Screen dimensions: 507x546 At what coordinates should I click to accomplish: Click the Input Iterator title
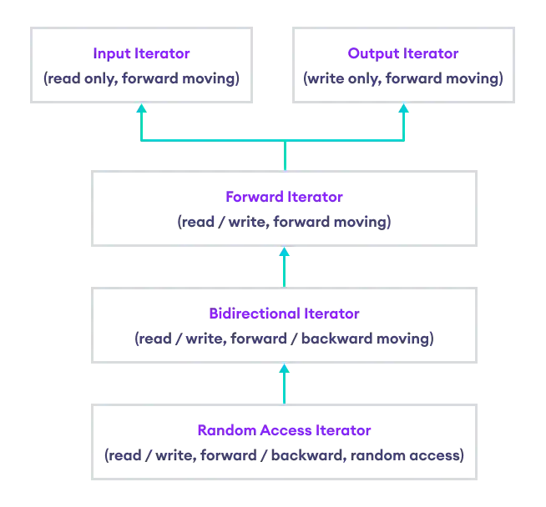(142, 54)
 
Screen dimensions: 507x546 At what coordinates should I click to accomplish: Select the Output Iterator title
(403, 54)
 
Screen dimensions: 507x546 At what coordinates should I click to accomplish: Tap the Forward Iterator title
(284, 198)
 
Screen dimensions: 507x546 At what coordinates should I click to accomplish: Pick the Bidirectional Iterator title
(284, 314)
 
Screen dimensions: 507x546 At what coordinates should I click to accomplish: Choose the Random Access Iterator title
(284, 431)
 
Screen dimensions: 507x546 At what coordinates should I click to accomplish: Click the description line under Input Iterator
(142, 79)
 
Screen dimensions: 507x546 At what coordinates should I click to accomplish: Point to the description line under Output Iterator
(403, 79)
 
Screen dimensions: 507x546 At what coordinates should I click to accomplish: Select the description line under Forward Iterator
(284, 223)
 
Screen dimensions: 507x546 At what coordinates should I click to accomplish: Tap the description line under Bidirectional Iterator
(284, 339)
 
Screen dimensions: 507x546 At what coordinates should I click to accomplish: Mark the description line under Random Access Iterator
(284, 456)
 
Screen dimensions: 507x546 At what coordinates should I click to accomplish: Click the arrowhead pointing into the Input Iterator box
(142, 109)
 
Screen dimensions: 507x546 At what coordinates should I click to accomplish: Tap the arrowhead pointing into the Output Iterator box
(404, 109)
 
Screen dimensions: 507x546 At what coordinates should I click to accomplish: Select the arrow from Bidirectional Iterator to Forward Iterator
(284, 269)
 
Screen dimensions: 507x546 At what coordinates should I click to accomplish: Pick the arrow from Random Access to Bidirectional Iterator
(284, 384)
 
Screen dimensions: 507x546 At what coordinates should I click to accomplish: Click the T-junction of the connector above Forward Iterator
(284, 143)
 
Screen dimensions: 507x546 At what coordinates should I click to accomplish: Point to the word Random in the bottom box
(219, 431)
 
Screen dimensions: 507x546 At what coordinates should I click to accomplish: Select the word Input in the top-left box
(109, 54)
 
